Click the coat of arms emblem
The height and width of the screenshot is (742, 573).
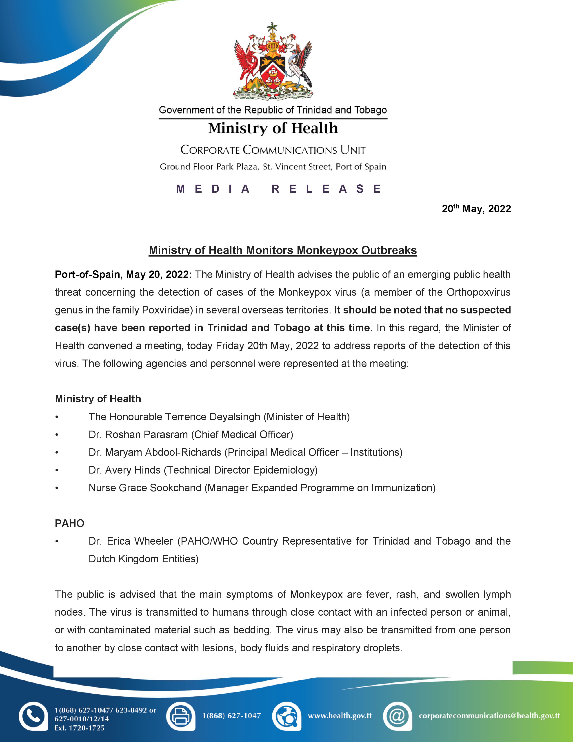click(x=273, y=61)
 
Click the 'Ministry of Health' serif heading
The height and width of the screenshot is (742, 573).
click(x=273, y=128)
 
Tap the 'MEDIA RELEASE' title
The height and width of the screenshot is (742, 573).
click(x=278, y=189)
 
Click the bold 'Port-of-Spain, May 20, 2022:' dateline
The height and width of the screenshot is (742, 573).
click(x=123, y=275)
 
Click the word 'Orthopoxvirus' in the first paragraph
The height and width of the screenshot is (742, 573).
click(x=478, y=292)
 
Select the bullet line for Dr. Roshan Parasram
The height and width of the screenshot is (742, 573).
click(x=191, y=435)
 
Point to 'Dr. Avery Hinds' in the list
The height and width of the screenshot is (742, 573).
click(x=124, y=470)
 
